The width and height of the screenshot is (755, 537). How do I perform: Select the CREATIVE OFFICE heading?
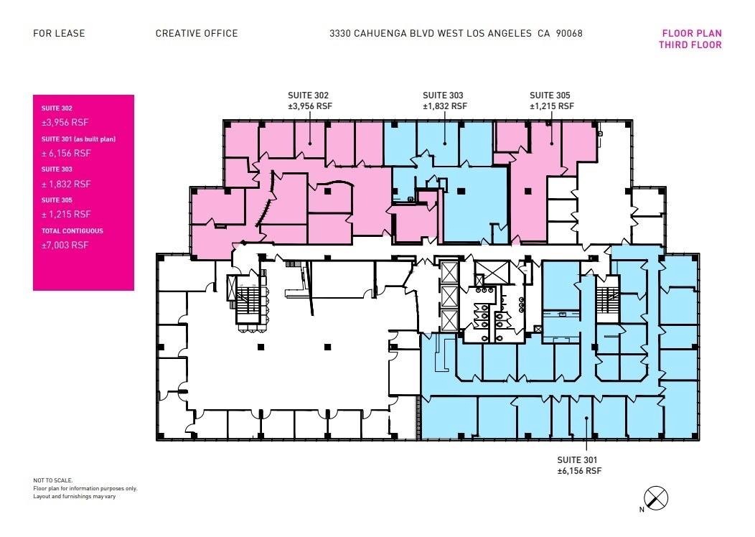pyautogui.click(x=197, y=33)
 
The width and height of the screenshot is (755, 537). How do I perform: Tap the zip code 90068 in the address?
pyautogui.click(x=568, y=33)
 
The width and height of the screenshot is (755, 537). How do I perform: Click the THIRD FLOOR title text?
pyautogui.click(x=690, y=45)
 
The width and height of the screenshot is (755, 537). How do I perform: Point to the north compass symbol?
pyautogui.click(x=656, y=497)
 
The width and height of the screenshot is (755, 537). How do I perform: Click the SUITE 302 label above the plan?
pyautogui.click(x=309, y=95)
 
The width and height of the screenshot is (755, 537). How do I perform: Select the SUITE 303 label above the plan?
pyautogui.click(x=443, y=95)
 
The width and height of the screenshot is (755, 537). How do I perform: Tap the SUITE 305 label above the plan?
pyautogui.click(x=550, y=95)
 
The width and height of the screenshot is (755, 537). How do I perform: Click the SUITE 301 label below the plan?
pyautogui.click(x=578, y=459)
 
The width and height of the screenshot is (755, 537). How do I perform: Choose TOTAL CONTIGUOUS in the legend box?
pyautogui.click(x=72, y=231)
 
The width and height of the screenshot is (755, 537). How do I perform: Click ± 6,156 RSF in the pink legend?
pyautogui.click(x=67, y=153)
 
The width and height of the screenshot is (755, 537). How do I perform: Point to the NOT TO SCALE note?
pyautogui.click(x=53, y=480)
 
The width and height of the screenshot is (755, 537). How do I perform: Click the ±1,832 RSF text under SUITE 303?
pyautogui.click(x=444, y=106)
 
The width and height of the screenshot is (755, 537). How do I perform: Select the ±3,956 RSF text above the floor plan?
pyautogui.click(x=310, y=106)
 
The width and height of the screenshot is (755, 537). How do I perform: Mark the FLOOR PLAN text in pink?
pyautogui.click(x=692, y=33)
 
